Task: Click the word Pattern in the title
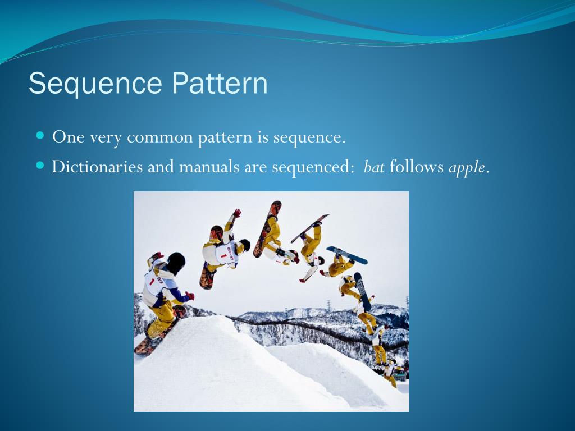tap(220, 83)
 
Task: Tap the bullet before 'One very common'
tap(40, 136)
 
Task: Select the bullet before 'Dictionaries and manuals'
tap(40, 166)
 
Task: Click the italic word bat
tap(374, 167)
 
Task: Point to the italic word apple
tap(467, 168)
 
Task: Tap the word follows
tap(417, 167)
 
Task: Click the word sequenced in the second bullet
tap(312, 168)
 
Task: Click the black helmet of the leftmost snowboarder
tap(176, 263)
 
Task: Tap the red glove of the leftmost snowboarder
tap(190, 295)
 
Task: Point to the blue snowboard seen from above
tap(347, 255)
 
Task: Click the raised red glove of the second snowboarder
tap(237, 213)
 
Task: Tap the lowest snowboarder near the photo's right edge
tap(391, 374)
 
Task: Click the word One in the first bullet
tap(68, 137)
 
